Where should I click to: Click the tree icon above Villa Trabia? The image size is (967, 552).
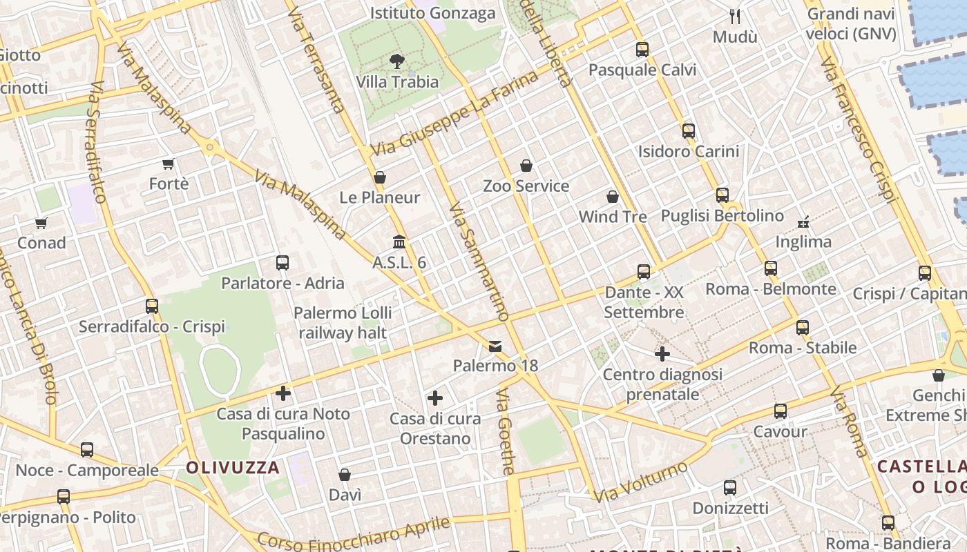[x=397, y=61]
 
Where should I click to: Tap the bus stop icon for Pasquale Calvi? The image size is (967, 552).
[x=642, y=50]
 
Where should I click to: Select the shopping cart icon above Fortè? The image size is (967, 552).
[x=169, y=164]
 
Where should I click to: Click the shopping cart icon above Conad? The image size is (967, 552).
[x=41, y=223]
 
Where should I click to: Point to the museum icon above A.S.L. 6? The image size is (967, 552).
[x=399, y=242]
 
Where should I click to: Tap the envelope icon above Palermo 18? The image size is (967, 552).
[x=495, y=346]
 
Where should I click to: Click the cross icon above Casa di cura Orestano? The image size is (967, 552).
[x=435, y=398]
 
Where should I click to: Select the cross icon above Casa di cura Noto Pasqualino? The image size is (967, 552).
[x=283, y=393]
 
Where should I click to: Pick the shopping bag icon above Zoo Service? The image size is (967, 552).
[x=526, y=166]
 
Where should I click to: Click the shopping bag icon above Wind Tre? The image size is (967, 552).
[x=613, y=197]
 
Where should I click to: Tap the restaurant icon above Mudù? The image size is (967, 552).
[x=735, y=17]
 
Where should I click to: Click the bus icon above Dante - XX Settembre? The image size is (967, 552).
[x=644, y=272]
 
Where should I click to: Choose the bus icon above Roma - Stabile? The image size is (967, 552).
[x=803, y=328]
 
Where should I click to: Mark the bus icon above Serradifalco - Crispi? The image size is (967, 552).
[x=152, y=306]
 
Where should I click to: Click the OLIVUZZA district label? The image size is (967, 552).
[x=233, y=468]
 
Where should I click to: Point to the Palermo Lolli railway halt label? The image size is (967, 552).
[x=343, y=322]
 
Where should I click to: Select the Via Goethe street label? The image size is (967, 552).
[x=506, y=431]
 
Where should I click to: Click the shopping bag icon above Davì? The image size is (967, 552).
[x=345, y=475]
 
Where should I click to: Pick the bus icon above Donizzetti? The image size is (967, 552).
[x=730, y=488]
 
